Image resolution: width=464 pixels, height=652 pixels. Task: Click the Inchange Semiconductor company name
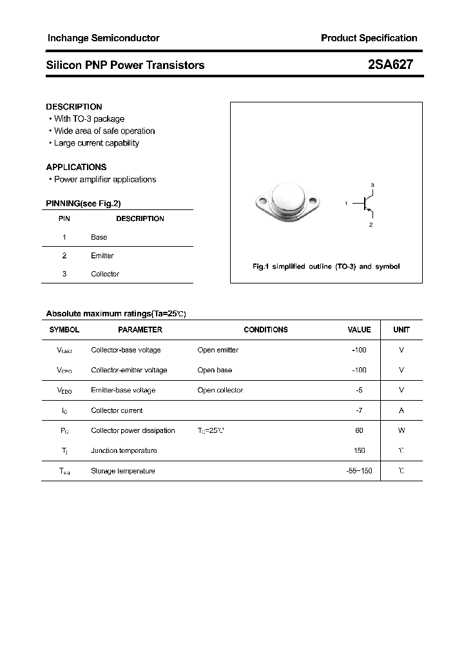[103, 38]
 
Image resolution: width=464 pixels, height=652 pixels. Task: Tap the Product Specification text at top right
[369, 38]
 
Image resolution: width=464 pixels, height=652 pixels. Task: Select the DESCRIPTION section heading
[74, 107]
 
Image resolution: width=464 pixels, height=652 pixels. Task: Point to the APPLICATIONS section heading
[76, 167]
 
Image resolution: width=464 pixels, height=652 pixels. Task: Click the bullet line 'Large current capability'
[96, 143]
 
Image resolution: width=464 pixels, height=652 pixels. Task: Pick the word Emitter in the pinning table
[102, 256]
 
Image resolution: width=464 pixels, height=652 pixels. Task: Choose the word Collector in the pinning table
[105, 274]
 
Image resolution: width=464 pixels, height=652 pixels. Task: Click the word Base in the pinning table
[99, 237]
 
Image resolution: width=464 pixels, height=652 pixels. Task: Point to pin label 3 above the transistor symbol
[372, 185]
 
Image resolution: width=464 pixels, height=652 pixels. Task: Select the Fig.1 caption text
[325, 267]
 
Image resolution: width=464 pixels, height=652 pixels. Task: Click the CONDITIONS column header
[266, 330]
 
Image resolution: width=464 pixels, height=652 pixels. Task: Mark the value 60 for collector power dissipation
[359, 430]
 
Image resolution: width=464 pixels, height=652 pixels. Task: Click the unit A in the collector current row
[401, 410]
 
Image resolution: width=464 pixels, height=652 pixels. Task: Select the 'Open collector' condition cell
[220, 390]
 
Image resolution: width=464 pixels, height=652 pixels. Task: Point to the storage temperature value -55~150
[359, 471]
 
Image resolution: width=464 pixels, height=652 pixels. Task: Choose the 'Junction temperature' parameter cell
[124, 450]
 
